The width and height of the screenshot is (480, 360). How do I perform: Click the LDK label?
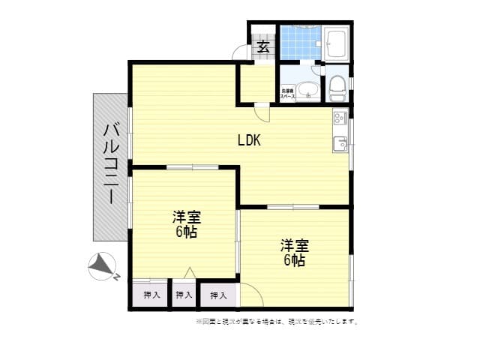click(x=249, y=139)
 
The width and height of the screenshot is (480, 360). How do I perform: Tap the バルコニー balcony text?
click(x=110, y=166)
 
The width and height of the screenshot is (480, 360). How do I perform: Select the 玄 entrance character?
click(x=263, y=46)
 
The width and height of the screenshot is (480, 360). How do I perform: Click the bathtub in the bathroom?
click(x=337, y=43)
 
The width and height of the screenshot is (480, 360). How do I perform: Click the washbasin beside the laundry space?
click(x=307, y=92)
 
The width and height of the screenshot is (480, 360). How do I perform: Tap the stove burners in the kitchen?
click(x=338, y=118)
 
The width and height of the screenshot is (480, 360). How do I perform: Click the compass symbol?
click(x=103, y=266)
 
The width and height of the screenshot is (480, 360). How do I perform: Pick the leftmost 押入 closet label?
click(x=151, y=295)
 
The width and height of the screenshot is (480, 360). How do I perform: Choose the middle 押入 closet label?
click(x=184, y=295)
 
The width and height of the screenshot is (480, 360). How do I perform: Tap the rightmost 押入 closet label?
click(x=218, y=295)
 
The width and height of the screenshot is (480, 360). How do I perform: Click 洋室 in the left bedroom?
click(x=187, y=217)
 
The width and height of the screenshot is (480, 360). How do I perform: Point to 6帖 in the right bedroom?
click(x=294, y=260)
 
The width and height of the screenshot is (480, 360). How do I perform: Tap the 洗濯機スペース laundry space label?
click(x=288, y=94)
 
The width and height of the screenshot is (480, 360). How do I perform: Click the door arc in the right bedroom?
click(x=251, y=296)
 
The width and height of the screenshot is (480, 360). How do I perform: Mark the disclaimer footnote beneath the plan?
click(x=277, y=322)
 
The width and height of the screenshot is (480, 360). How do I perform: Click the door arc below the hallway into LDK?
click(x=262, y=113)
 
